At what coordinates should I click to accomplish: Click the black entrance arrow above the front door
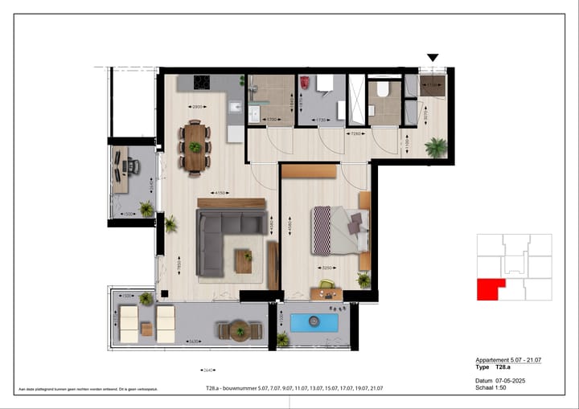pos(433,58)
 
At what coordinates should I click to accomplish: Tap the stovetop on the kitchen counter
pos(200,82)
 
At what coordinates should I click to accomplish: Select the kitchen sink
pos(234,108)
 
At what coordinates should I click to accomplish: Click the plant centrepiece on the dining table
pos(195,147)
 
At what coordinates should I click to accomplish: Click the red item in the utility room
pos(306,83)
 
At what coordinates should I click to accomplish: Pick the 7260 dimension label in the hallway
pos(355,133)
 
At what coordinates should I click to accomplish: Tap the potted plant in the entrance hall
pos(436,147)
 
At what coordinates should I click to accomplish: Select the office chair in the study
pos(133,166)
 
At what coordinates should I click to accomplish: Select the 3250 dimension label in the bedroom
pos(326,268)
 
